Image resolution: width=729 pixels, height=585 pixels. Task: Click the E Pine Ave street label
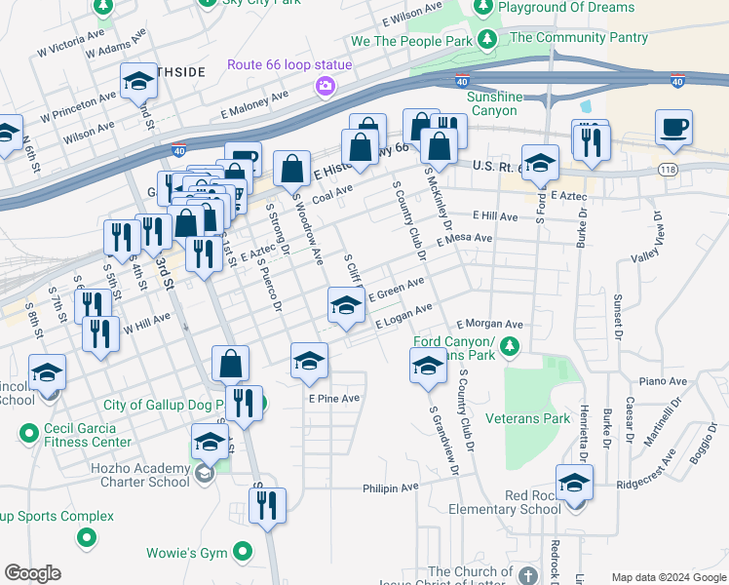pos(334,399)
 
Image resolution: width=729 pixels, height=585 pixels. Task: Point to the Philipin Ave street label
pos(390,487)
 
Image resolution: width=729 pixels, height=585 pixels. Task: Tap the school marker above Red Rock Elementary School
pos(575,484)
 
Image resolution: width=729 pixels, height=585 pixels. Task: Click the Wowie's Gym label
pos(186,554)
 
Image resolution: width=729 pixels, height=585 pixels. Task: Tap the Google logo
pos(32,573)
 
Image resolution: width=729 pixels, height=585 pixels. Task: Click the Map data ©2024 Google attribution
pos(668,577)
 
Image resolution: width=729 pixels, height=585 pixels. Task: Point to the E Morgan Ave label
pos(489,325)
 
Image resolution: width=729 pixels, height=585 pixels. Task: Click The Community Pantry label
pos(578,38)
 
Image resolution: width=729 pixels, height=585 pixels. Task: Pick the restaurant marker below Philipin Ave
pos(266,506)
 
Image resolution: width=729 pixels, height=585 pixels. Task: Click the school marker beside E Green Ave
pos(345,306)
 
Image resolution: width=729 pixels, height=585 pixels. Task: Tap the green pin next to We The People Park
pos(487,40)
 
